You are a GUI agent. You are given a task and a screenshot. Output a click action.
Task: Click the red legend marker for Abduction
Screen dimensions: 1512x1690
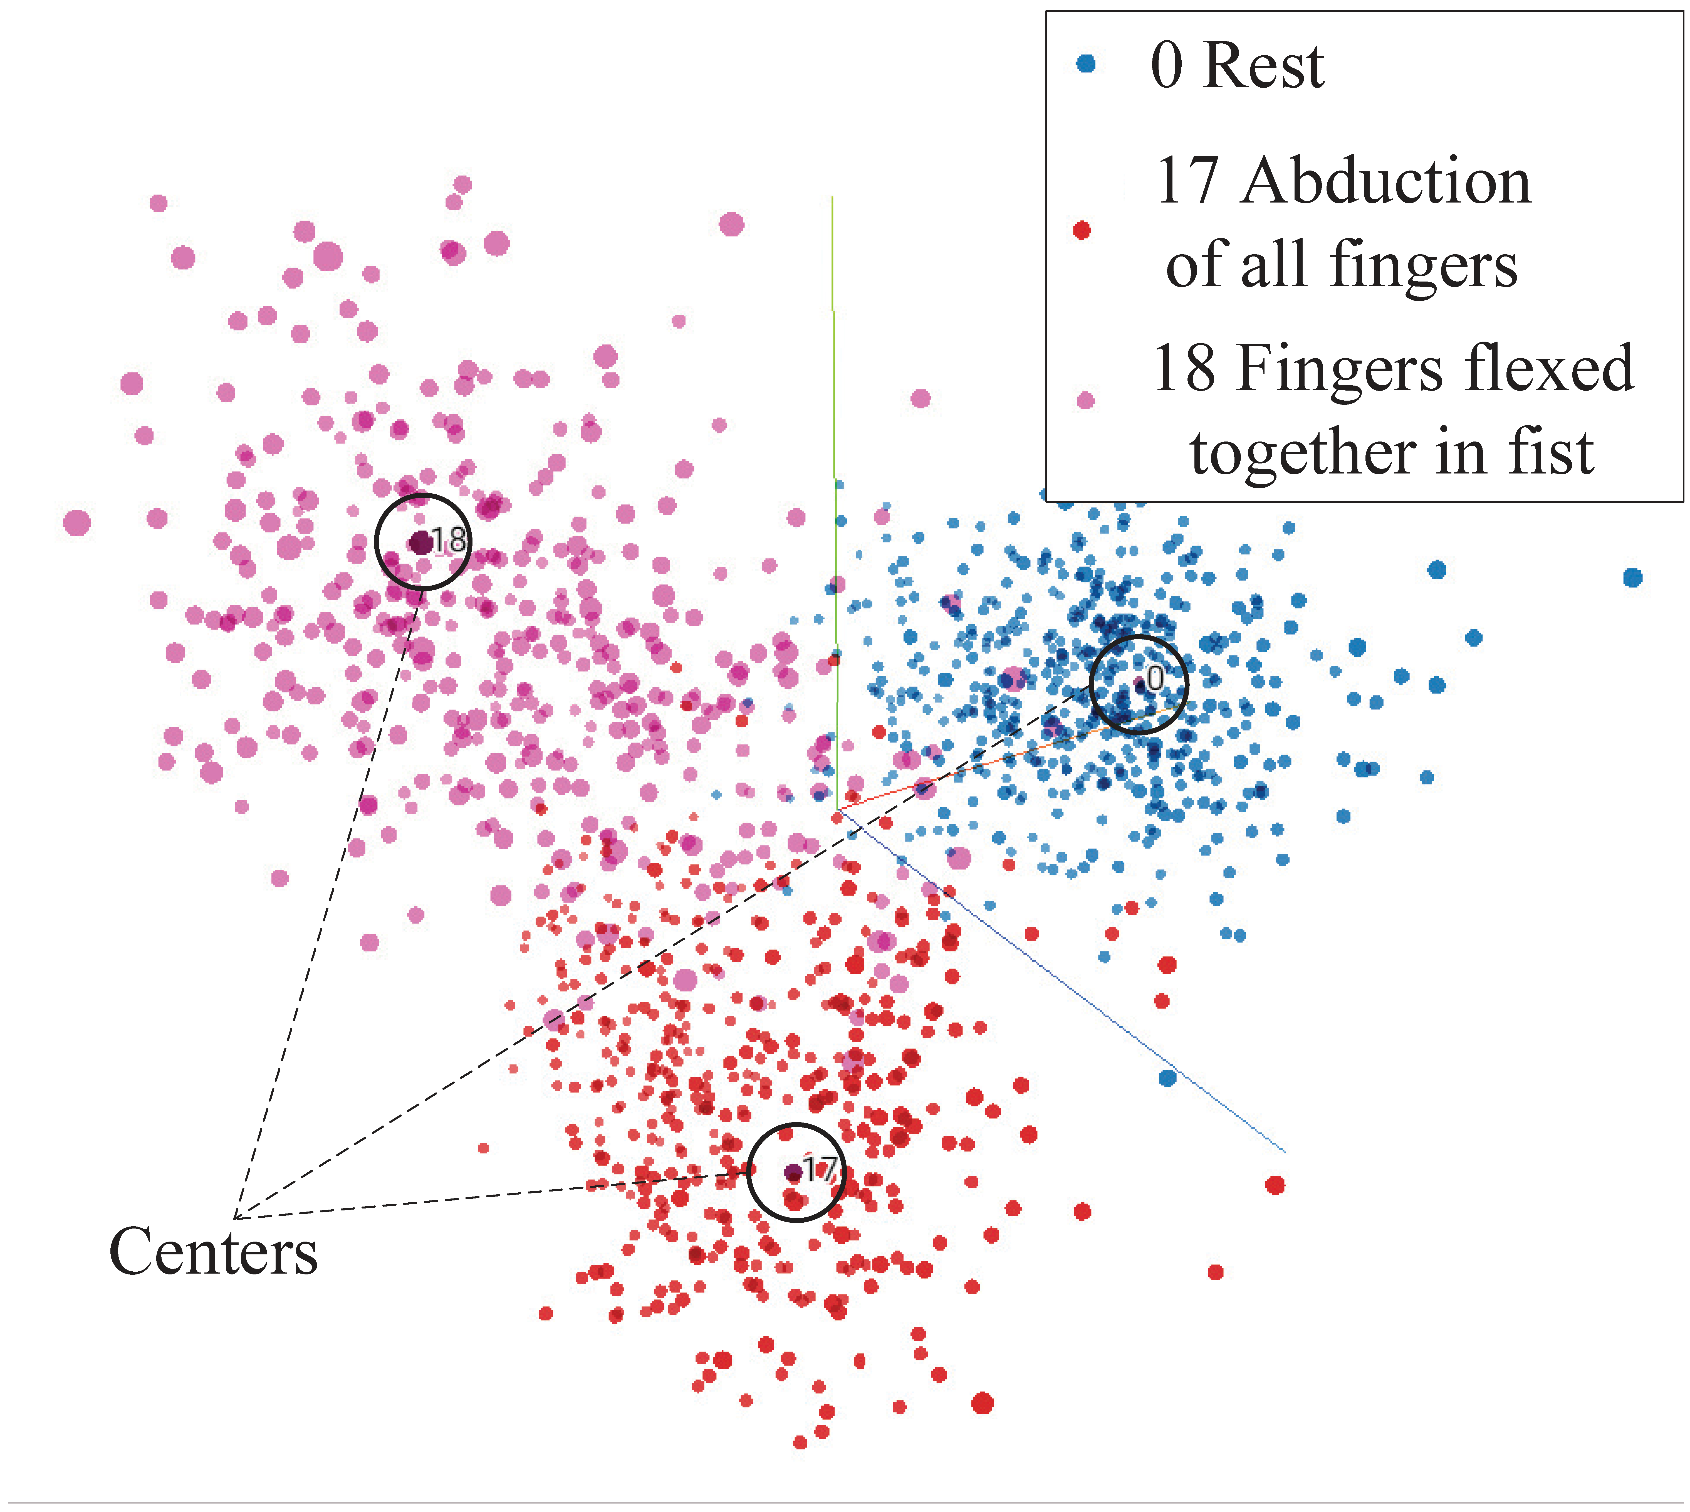1081,230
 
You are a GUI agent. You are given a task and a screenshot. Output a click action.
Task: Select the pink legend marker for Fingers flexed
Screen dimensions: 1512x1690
1085,400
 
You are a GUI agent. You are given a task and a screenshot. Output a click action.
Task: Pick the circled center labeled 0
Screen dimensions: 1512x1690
1139,685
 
